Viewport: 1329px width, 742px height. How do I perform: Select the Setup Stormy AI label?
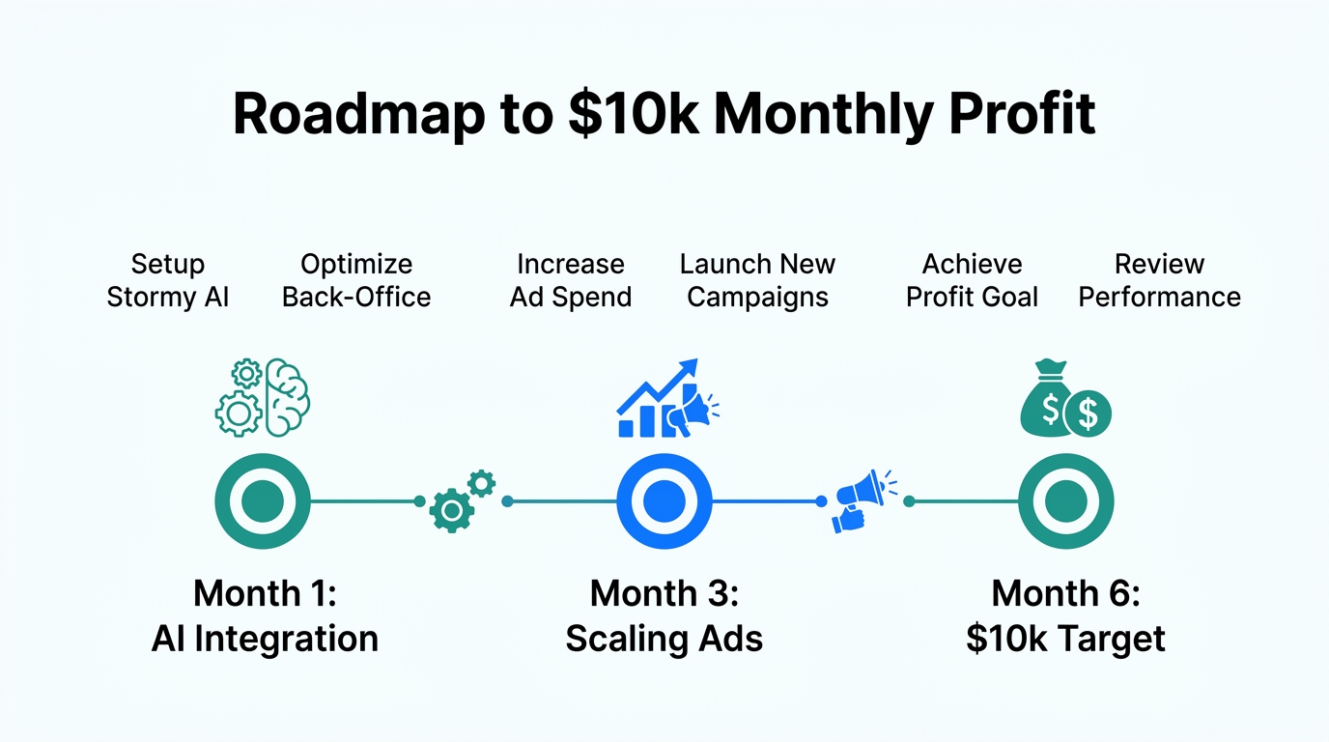[x=168, y=280]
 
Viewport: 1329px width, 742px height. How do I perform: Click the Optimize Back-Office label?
[x=356, y=280]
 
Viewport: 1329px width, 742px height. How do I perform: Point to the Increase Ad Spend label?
[x=571, y=280]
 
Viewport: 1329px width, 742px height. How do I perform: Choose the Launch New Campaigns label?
[x=757, y=280]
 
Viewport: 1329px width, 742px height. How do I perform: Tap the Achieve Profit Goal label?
[x=972, y=280]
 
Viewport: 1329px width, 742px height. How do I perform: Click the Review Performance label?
[x=1159, y=280]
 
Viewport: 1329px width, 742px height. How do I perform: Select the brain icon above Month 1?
[x=286, y=395]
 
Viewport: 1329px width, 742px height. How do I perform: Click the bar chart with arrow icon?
[x=657, y=401]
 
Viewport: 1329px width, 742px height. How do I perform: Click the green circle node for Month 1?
[x=263, y=501]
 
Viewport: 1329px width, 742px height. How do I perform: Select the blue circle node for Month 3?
[x=664, y=501]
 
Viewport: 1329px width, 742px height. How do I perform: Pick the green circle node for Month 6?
[x=1066, y=501]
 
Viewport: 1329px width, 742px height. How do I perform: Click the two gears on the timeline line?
[x=462, y=501]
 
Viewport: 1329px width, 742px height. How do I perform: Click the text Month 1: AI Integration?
[x=265, y=615]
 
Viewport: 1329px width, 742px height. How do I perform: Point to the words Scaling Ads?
[x=664, y=639]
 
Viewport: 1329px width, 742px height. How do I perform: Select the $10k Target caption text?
[x=1065, y=639]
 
